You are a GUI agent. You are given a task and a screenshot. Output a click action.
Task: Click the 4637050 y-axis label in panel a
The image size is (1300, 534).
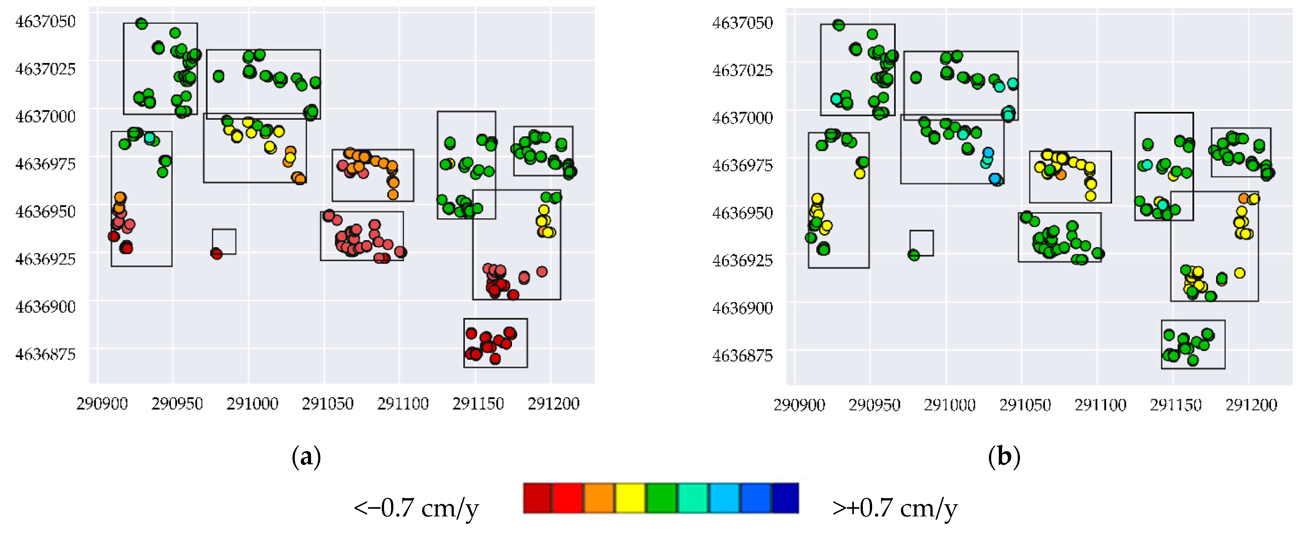(x=45, y=21)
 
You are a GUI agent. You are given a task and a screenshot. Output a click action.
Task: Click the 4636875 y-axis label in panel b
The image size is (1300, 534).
(x=742, y=356)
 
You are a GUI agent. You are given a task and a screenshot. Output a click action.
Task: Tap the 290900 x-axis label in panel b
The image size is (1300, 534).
(x=799, y=405)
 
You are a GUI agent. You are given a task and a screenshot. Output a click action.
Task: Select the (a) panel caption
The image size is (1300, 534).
(x=306, y=457)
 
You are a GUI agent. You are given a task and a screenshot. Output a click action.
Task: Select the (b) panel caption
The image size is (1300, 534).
(x=1004, y=457)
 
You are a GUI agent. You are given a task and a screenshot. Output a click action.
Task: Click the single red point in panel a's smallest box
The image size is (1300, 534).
(x=216, y=254)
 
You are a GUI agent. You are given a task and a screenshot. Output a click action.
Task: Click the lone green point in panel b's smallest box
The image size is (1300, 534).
(x=913, y=255)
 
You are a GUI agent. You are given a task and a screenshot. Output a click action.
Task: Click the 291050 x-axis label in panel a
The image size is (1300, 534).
(x=327, y=404)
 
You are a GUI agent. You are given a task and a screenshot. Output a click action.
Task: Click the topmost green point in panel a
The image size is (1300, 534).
(x=141, y=23)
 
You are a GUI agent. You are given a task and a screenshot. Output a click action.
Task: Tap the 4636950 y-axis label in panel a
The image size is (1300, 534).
(x=45, y=211)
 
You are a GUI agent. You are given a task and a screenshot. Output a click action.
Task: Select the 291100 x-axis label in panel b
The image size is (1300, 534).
(x=1100, y=405)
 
